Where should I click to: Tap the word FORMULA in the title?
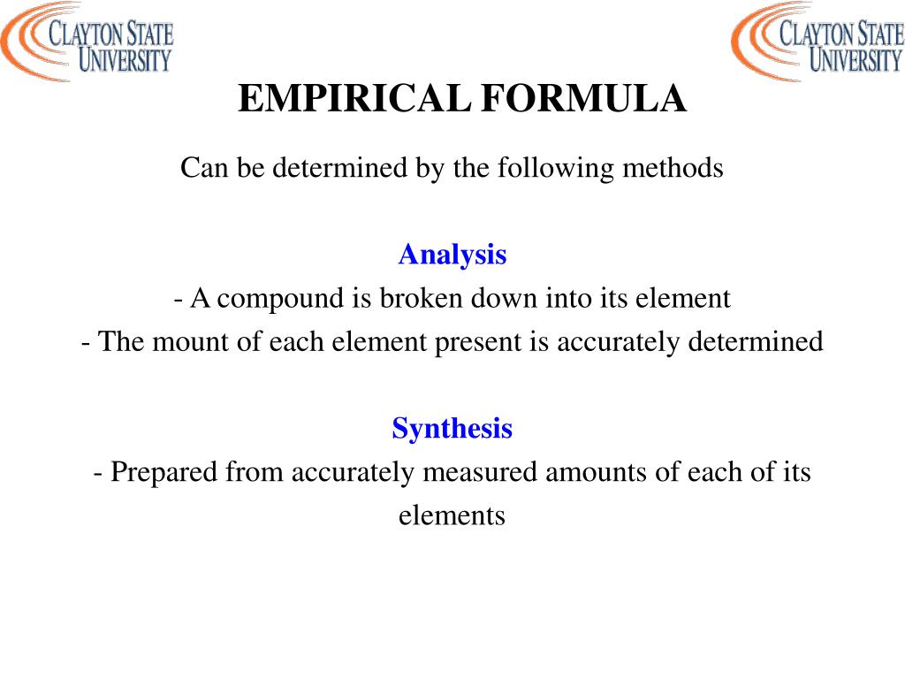point(583,99)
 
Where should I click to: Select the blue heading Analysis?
point(452,255)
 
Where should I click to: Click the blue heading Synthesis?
point(452,429)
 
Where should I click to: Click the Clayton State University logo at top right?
point(817,42)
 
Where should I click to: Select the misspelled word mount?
point(184,341)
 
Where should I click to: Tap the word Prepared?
point(164,472)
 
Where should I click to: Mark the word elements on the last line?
point(452,515)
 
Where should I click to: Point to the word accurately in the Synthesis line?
point(352,472)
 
